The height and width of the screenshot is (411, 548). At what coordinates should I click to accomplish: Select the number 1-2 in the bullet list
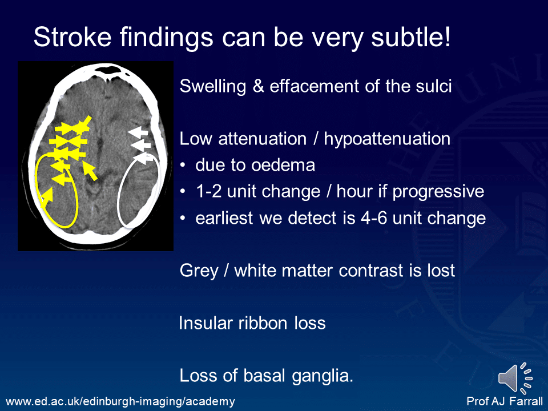click(x=208, y=191)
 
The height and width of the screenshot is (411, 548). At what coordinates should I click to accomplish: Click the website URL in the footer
click(x=119, y=402)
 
